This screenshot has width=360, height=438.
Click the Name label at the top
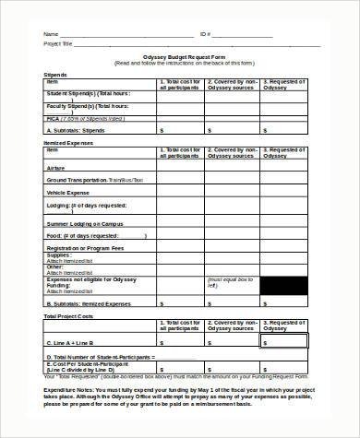(50, 33)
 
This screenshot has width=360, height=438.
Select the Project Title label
(59, 42)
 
